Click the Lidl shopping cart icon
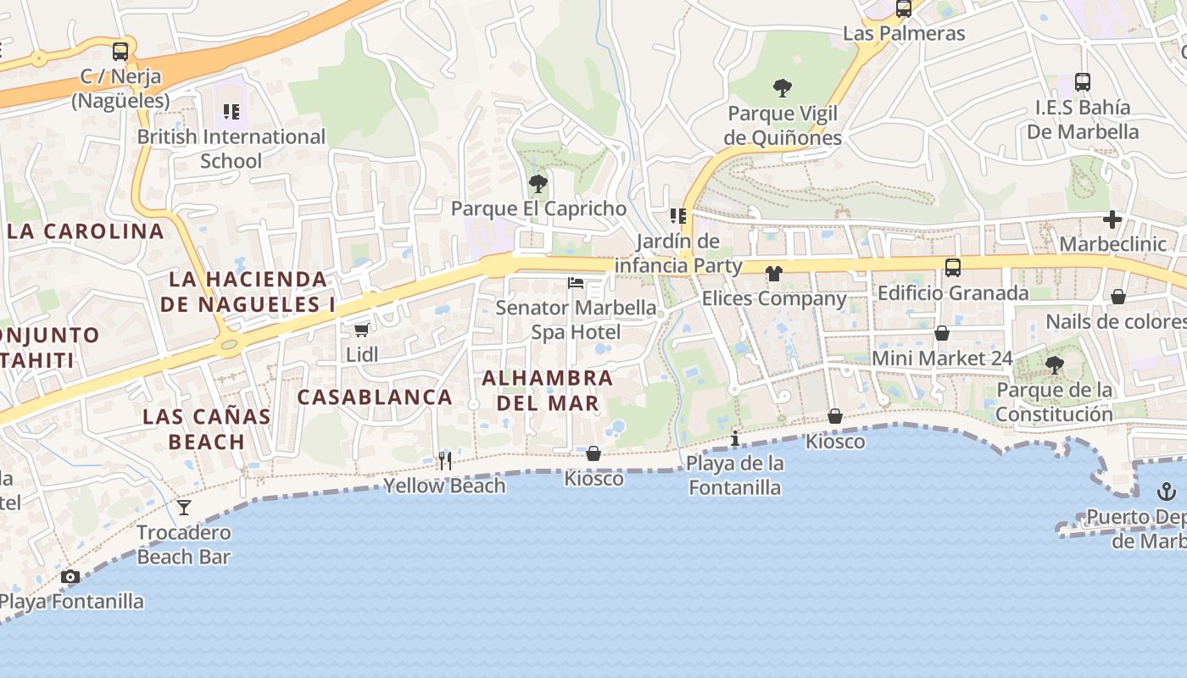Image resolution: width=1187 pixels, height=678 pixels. click(x=362, y=330)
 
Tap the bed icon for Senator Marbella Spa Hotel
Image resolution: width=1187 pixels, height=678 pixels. click(x=576, y=282)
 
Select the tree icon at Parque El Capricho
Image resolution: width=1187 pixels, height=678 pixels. click(x=538, y=183)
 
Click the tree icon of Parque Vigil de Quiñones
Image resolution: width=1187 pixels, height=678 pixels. click(x=783, y=87)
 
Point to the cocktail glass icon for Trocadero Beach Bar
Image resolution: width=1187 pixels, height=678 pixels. click(x=184, y=508)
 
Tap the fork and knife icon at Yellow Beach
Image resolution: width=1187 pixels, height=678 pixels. click(x=444, y=460)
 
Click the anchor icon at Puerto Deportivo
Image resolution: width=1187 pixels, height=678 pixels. click(x=1167, y=492)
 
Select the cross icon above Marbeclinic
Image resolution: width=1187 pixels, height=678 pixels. click(x=1112, y=220)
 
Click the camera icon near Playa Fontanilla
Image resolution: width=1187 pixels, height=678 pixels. click(x=70, y=577)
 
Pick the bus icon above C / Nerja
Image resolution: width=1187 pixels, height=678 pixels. click(x=120, y=51)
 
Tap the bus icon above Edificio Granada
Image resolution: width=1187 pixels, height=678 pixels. click(x=953, y=268)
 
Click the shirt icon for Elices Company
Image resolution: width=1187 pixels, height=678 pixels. click(x=774, y=274)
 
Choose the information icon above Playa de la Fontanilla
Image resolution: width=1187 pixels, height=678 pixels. click(x=735, y=438)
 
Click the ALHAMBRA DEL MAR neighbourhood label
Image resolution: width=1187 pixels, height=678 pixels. click(x=548, y=390)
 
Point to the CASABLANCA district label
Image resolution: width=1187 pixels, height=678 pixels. click(x=375, y=397)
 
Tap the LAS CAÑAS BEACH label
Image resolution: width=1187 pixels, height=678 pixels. click(x=207, y=429)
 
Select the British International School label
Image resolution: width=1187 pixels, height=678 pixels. click(x=231, y=148)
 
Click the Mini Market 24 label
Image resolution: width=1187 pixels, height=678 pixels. click(x=942, y=358)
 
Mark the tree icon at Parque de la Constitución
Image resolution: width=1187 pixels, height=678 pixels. click(x=1055, y=365)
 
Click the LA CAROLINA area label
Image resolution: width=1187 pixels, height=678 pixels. click(x=85, y=231)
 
